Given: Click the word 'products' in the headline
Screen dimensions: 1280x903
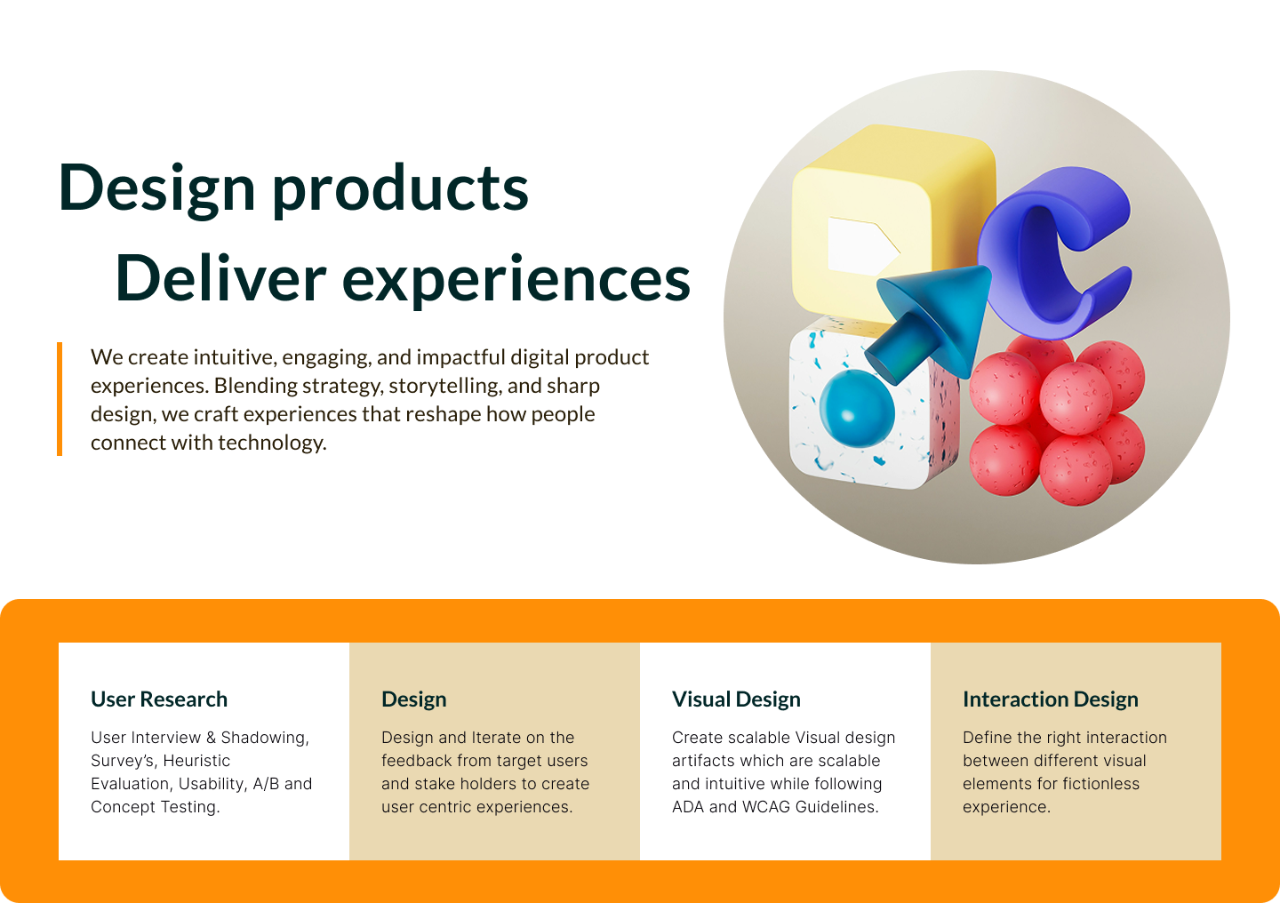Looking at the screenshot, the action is (x=400, y=190).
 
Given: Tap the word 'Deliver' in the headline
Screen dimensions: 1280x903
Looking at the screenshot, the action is (x=220, y=279).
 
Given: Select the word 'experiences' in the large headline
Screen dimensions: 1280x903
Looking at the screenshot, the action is (x=516, y=281).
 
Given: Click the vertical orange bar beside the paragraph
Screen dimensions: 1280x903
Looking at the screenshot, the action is (x=60, y=399).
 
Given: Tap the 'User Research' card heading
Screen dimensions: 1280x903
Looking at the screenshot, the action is (x=159, y=699).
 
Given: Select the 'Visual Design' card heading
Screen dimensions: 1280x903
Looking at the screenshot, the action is (x=736, y=699).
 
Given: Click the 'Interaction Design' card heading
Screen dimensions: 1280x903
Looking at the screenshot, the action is (x=1051, y=699).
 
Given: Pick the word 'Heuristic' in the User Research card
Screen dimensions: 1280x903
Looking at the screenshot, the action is (x=196, y=761).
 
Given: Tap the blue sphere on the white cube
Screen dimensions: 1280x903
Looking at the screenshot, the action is (x=857, y=408).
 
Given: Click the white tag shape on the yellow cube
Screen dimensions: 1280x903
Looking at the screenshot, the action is (x=861, y=246).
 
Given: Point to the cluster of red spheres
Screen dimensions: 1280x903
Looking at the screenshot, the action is (x=1057, y=420).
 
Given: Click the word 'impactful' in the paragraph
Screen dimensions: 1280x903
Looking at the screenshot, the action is (x=461, y=357).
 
